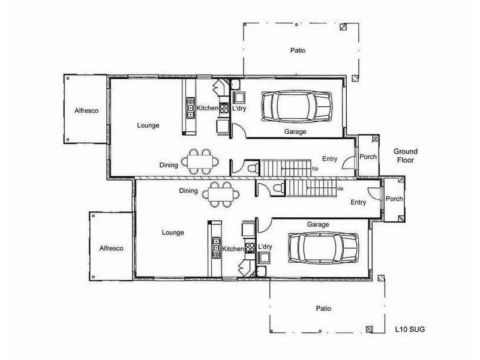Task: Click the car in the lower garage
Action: pos(317,247)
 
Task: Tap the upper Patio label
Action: pos(298,51)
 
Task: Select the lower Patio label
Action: pos(323,308)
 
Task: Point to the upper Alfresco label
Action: pos(86,111)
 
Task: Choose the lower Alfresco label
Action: pos(111,248)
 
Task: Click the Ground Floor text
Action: pos(405,156)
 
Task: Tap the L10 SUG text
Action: pos(410,329)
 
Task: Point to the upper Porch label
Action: pos(368,157)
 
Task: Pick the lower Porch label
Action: pos(394,199)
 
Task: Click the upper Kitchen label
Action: pos(208,108)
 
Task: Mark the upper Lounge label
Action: pos(148,125)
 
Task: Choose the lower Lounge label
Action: pos(173,232)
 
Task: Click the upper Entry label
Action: pos(330,159)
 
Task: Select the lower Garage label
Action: pos(318,224)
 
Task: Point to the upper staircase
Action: pos(287,167)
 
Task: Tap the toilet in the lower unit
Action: pos(276,189)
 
